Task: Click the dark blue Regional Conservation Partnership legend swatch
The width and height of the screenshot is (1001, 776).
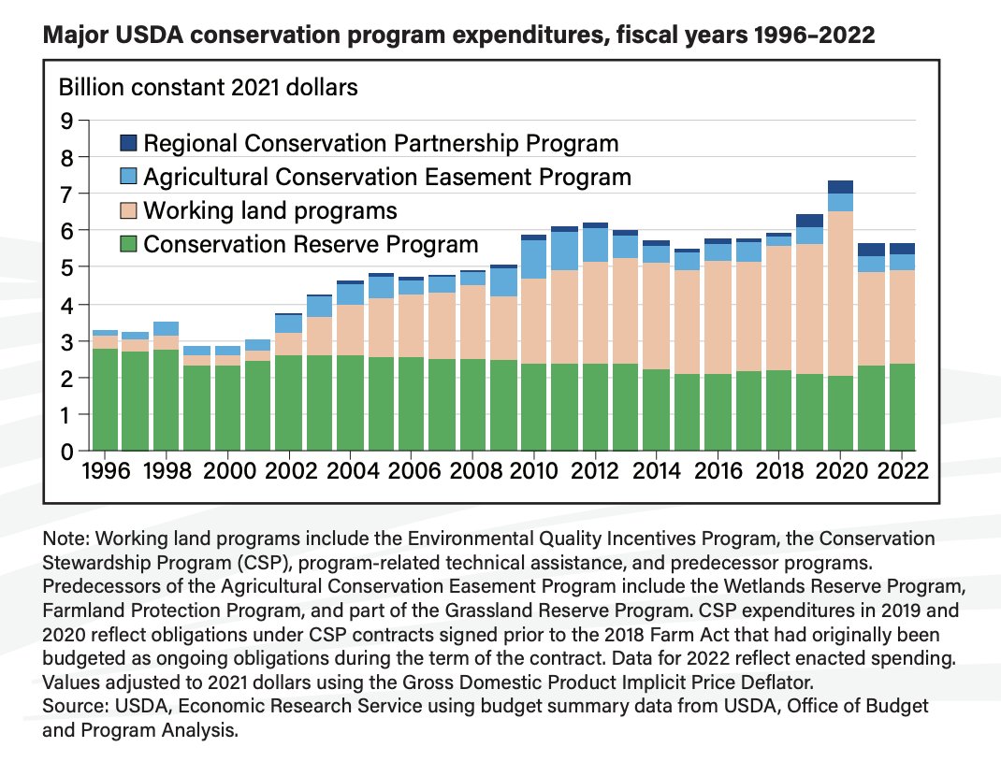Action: coord(129,143)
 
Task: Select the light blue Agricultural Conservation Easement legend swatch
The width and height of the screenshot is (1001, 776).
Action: coord(129,177)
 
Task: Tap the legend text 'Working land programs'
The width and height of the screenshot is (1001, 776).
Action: coord(270,210)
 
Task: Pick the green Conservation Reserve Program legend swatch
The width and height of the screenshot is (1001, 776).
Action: coord(129,244)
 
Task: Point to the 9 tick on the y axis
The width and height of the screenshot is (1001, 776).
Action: coord(66,121)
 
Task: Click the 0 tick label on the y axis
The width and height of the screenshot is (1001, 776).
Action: coord(66,452)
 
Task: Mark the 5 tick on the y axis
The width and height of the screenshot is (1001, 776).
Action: coord(66,268)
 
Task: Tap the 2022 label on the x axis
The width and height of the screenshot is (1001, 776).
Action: coord(901,470)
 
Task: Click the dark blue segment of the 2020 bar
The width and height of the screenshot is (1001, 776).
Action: coord(840,187)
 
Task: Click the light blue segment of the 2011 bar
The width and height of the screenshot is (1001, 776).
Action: coord(564,251)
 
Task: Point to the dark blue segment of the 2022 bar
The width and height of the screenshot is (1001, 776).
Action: coord(902,249)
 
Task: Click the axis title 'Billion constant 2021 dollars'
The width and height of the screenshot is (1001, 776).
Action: coord(209,89)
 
